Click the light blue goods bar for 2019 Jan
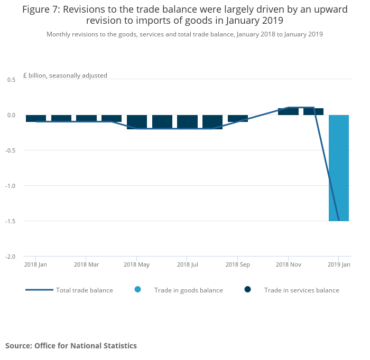pos(339,168)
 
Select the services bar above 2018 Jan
pos(36,118)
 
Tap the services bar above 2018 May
pos(137,121)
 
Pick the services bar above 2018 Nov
pos(288,111)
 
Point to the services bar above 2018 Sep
pos(238,118)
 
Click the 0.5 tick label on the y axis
pos(11,79)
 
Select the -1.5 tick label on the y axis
pos(10,221)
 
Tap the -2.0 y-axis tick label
pos(10,257)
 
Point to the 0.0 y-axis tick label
pos(11,115)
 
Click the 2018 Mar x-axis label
pos(86,264)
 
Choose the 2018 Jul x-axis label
pos(187,264)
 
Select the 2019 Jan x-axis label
pos(339,264)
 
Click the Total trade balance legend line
pos(39,290)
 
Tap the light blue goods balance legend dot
pos(138,289)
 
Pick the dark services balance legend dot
pos(247,289)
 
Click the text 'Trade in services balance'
pos(301,290)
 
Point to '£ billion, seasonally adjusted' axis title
pos(65,75)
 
